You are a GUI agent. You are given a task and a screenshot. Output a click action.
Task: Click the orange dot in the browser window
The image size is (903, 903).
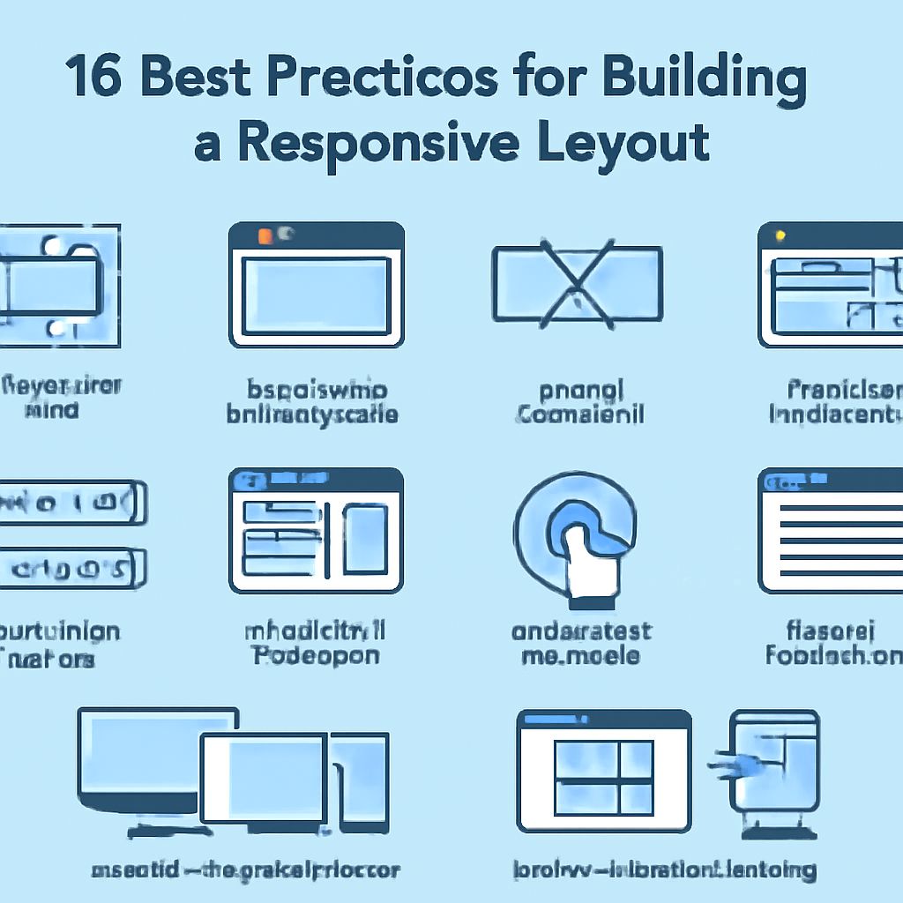coord(264,235)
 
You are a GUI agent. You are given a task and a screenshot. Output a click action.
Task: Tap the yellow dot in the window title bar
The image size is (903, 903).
coord(780,236)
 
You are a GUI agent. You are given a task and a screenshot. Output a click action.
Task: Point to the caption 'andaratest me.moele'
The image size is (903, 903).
coord(581,644)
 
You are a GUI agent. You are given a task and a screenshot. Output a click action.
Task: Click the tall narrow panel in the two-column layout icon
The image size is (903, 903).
coord(362,538)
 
